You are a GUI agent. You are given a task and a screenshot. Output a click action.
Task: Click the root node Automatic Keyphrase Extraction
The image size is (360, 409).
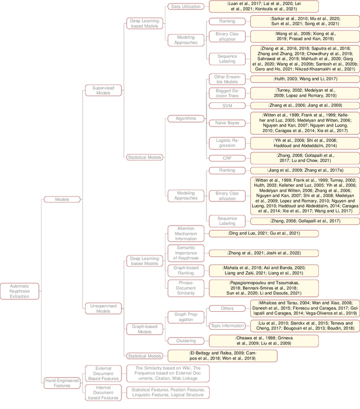[x=19, y=291]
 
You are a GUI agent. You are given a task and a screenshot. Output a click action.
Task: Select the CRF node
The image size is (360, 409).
[x=227, y=158]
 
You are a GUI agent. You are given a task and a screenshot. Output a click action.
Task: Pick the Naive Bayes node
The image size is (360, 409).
[x=227, y=123]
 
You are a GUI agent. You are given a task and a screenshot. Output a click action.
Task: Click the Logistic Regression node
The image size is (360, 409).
[x=227, y=143]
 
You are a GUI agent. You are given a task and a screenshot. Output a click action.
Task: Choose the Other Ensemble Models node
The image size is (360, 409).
[x=227, y=78]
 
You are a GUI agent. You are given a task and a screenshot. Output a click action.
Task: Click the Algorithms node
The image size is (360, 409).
[x=182, y=119]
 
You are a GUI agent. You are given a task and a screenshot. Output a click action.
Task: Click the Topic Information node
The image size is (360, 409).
[x=227, y=325]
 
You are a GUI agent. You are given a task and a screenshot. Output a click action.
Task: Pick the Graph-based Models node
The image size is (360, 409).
[x=145, y=329]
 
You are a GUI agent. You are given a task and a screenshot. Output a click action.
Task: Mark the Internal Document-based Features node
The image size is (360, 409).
[x=103, y=393]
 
